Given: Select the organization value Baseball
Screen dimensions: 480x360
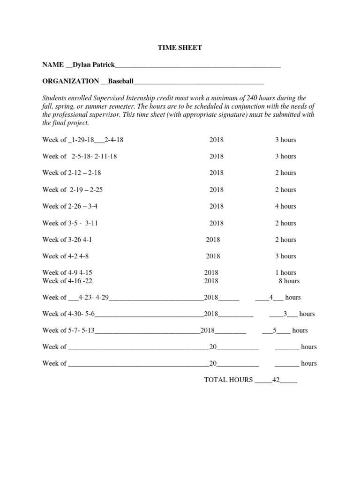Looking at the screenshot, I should tap(121, 81).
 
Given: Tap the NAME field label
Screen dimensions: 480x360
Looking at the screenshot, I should tap(53, 65).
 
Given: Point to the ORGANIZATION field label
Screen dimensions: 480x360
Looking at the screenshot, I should tap(71, 81).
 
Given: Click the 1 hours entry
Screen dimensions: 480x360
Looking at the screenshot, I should tap(285, 272).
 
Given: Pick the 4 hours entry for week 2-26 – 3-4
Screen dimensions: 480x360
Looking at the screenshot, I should tap(285, 206).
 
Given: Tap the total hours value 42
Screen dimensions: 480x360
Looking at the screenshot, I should tap(276, 380).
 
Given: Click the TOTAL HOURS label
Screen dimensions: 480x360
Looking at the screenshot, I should tap(228, 380).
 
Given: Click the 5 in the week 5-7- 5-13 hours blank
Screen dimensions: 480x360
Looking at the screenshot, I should tap(276, 330).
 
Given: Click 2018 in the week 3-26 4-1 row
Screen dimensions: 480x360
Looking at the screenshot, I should tap(213, 240).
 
